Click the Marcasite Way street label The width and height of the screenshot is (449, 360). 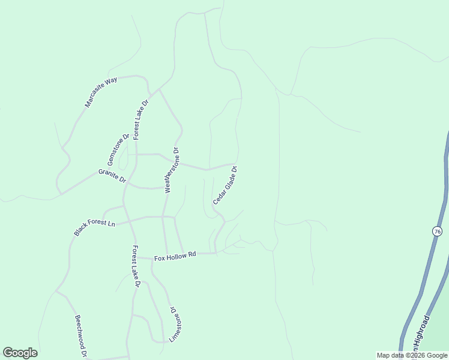click(101, 92)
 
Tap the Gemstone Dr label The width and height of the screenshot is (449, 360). click(118, 150)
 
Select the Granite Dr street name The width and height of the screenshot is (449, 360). click(112, 176)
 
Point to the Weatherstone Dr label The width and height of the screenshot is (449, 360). click(172, 170)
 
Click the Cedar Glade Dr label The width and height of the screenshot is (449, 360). click(225, 185)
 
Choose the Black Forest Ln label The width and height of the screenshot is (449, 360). click(94, 227)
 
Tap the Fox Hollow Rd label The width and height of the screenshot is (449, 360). click(175, 256)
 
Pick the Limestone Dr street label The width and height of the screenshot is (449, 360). click(174, 325)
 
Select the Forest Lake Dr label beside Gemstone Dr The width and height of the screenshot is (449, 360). click(140, 119)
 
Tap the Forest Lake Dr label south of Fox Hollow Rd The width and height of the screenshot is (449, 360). click(136, 266)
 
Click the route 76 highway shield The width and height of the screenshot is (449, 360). click(436, 231)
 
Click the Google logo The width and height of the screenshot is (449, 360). click(20, 353)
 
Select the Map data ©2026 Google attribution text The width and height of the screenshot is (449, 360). click(411, 355)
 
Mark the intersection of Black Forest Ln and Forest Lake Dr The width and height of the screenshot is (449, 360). click(127, 220)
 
